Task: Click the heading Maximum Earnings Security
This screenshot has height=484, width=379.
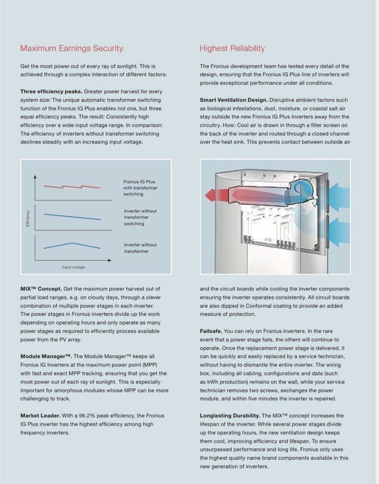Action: (x=71, y=49)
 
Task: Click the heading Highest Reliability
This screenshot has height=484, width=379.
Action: (x=232, y=49)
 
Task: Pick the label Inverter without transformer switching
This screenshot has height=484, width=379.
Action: (x=140, y=217)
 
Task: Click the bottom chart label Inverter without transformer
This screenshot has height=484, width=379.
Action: (x=140, y=248)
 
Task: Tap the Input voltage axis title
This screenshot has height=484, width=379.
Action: (x=73, y=267)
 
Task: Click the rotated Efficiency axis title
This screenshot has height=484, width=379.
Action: (x=28, y=218)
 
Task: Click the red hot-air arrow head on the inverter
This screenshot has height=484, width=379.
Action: (x=209, y=194)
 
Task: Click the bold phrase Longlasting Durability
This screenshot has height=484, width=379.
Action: (x=230, y=415)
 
